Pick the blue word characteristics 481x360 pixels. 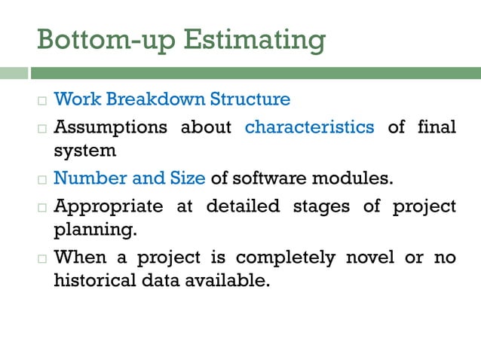click(309, 127)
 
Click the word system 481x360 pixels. click(84, 150)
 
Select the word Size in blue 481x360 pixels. click(187, 178)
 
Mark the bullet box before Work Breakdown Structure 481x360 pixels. click(42, 100)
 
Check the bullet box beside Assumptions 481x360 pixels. click(42, 128)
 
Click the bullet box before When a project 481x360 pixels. click(42, 258)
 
